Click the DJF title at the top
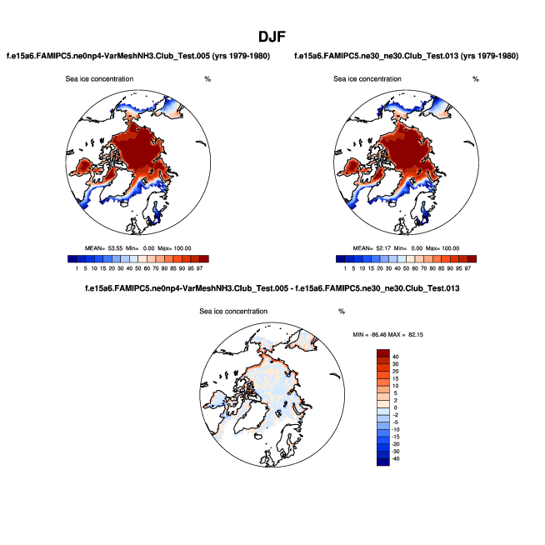pos(272,37)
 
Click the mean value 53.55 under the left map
pos(112,248)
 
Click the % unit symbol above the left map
pos(207,79)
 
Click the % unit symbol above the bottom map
pos(342,311)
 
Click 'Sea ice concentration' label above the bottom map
pos(234,311)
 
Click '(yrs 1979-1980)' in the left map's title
pos(239,56)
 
